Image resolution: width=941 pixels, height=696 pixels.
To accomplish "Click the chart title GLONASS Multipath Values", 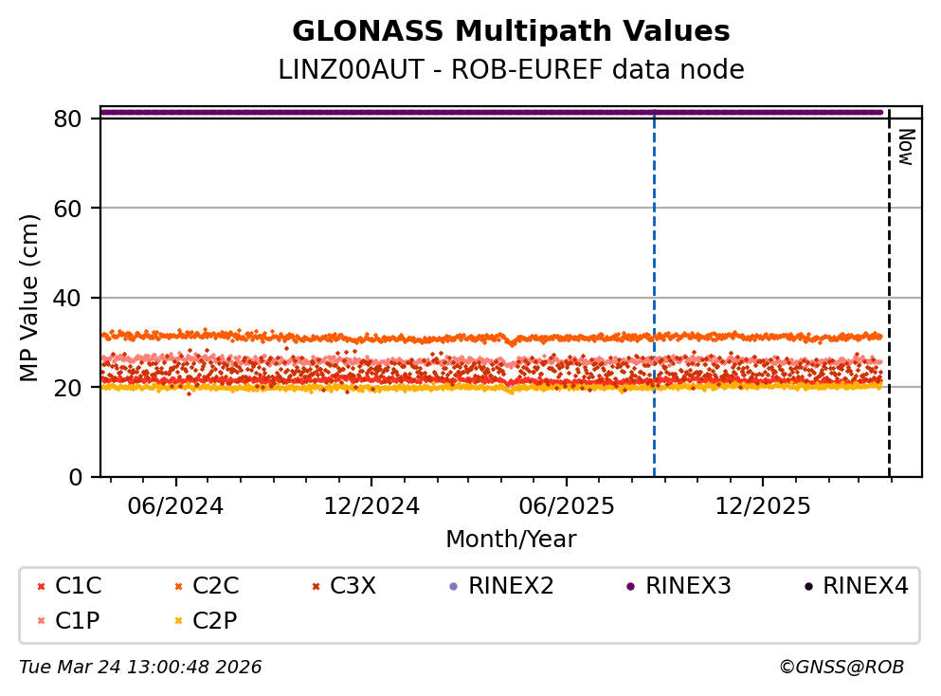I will point(511,32).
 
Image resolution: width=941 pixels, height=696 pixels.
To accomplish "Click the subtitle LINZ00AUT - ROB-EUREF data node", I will point(511,70).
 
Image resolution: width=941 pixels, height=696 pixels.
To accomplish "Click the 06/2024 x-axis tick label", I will point(175,505).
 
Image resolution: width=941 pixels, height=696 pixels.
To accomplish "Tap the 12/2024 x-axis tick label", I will point(371,505).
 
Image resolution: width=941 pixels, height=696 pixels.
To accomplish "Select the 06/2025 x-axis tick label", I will point(567,505).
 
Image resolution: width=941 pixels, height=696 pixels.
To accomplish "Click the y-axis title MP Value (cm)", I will point(30,298).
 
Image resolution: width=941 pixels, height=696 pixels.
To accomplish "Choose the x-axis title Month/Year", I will point(511,540).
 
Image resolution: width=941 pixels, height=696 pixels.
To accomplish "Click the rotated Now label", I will point(905,147).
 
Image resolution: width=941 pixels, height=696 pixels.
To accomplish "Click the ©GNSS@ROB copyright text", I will point(841,668).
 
